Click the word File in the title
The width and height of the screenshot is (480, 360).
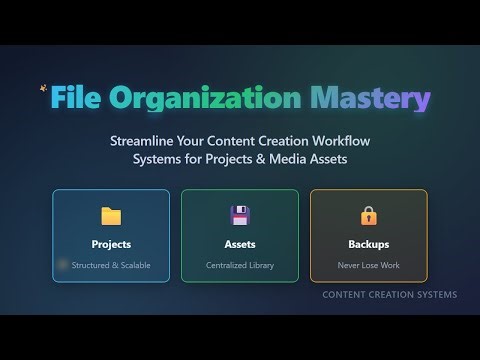(77, 100)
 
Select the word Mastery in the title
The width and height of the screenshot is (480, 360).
(371, 100)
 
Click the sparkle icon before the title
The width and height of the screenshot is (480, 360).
(43, 87)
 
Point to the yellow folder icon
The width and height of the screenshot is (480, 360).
(111, 215)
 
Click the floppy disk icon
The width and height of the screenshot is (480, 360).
(240, 215)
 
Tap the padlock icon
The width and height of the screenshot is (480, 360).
(369, 215)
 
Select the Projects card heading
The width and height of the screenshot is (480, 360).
(111, 243)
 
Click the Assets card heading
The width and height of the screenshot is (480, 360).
(240, 243)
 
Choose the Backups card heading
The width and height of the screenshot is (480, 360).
(369, 243)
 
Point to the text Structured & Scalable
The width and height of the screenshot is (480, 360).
(111, 266)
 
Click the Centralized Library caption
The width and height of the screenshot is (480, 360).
(240, 266)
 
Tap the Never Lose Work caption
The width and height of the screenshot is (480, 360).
(369, 266)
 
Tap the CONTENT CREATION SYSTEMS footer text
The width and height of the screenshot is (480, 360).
(389, 295)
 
